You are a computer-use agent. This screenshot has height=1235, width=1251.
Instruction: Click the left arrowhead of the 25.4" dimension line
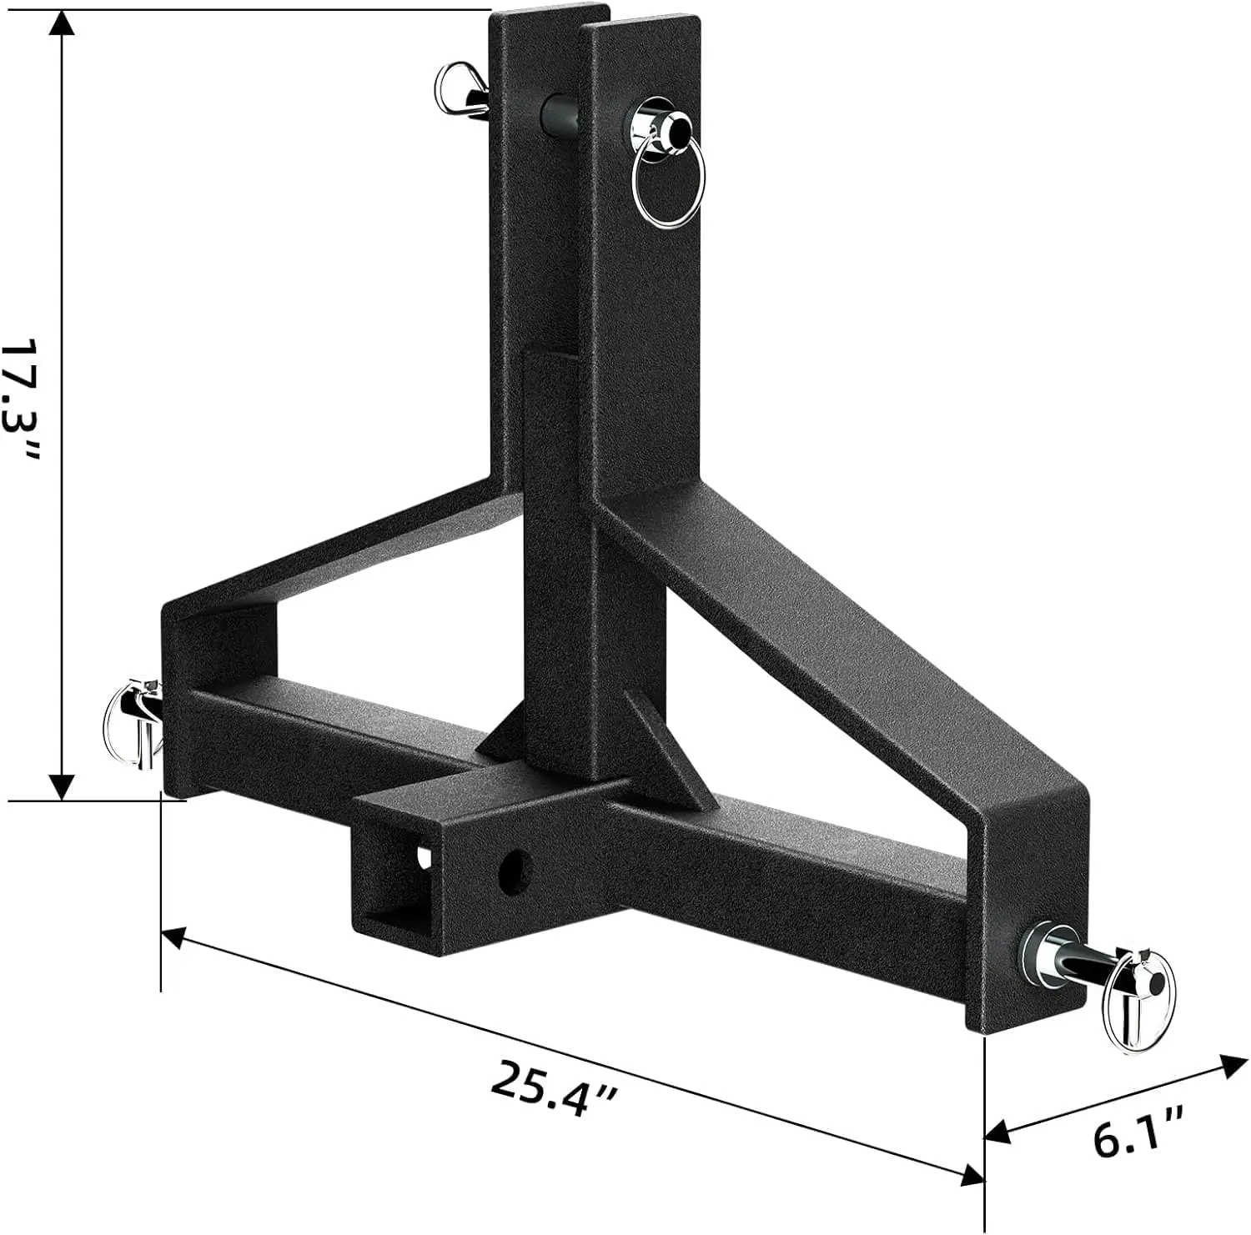[172, 938]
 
